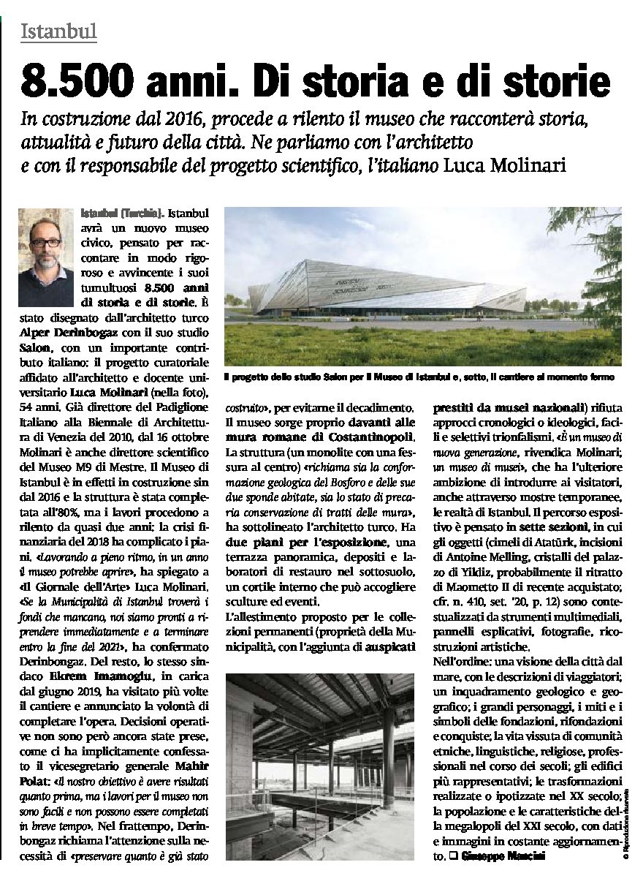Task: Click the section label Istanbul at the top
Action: coord(59,31)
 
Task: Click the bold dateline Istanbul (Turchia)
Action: coord(121,214)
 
